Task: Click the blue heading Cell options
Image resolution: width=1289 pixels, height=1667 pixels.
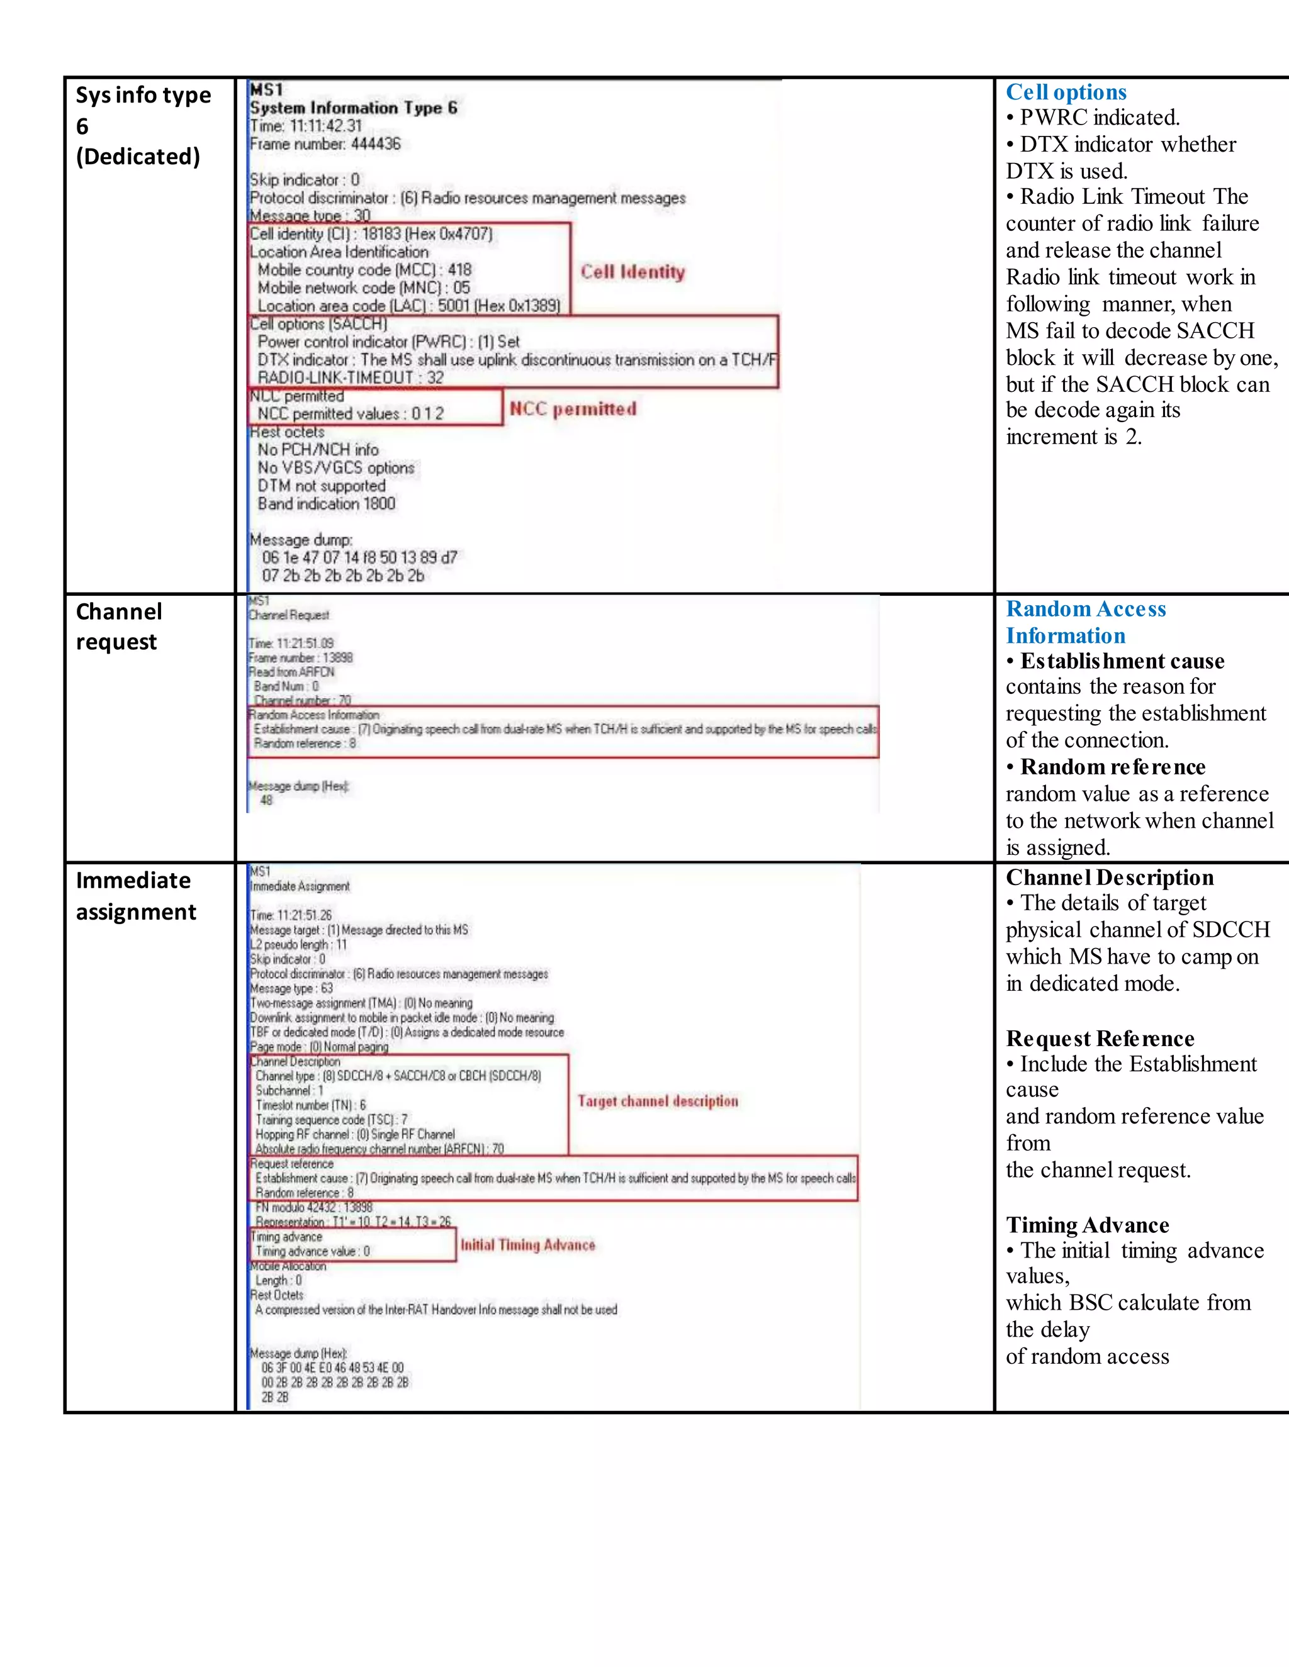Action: point(1066,92)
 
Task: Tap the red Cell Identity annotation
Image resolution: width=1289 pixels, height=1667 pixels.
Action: point(633,272)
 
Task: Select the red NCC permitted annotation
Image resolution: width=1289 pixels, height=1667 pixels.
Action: point(573,409)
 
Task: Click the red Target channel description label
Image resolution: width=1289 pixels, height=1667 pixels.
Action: point(658,1101)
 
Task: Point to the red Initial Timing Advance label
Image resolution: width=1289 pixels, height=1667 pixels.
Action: point(527,1245)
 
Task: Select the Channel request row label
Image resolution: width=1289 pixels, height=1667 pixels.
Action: point(119,627)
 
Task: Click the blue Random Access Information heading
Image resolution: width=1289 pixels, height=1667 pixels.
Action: point(1085,622)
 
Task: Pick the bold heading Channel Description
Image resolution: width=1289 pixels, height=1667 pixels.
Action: point(1109,878)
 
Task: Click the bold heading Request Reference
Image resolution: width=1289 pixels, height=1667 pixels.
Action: point(1100,1039)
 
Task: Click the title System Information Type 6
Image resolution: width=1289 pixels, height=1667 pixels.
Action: point(354,108)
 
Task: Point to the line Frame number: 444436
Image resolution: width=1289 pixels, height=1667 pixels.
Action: point(325,143)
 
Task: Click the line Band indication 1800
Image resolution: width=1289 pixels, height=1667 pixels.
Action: point(326,504)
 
